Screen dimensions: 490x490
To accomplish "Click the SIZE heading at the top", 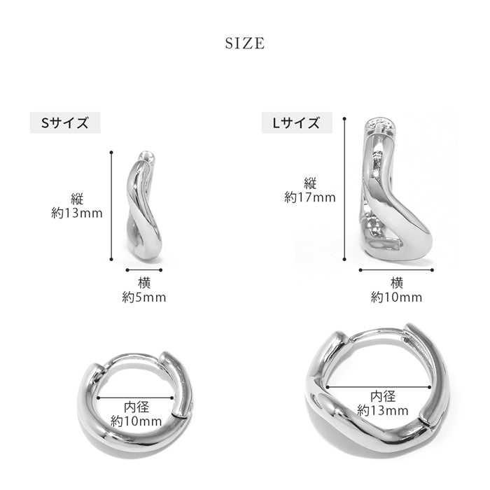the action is [245, 43].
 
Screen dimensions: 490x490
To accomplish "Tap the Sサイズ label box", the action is [65, 122].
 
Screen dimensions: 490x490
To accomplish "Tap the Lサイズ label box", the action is [297, 122].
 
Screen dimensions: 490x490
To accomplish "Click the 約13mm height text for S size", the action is [77, 213].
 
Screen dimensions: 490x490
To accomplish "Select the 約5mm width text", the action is [144, 297].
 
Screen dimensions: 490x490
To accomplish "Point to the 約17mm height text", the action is [310, 197].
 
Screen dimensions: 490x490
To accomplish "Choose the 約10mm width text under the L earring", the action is [397, 297].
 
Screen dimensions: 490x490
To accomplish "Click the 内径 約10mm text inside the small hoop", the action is [136, 414].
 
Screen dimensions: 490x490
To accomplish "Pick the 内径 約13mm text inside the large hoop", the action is [383, 403].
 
